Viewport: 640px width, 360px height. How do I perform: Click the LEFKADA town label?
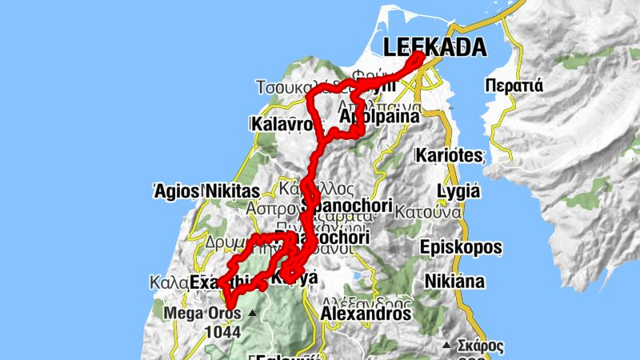[x=434, y=47]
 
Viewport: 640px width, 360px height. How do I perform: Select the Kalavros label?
[x=281, y=126]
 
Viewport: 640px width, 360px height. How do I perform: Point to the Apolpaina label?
[x=379, y=117]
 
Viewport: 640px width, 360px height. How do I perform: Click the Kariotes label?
[x=449, y=155]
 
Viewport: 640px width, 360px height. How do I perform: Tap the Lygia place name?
[x=458, y=192]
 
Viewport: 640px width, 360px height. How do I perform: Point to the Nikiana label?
[x=454, y=282]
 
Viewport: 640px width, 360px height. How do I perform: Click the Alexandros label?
[x=365, y=314]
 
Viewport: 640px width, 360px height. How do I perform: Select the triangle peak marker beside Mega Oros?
[x=253, y=313]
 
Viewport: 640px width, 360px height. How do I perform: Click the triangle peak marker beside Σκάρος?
[x=446, y=346]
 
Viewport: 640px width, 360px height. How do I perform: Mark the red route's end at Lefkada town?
[x=418, y=56]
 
